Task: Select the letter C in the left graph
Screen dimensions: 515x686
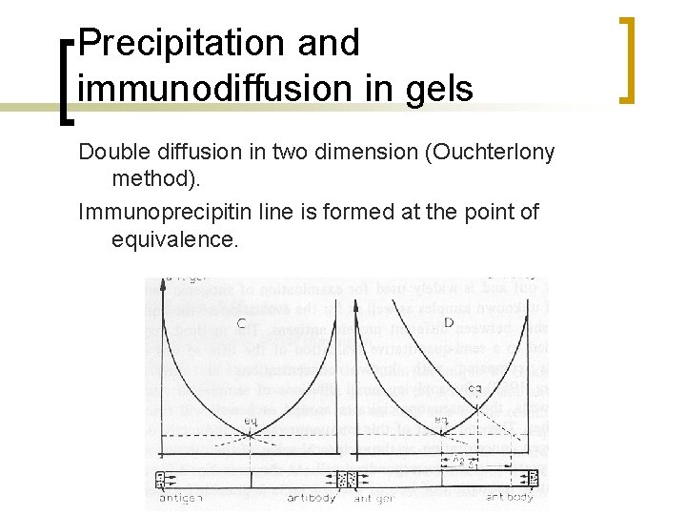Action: [x=241, y=323]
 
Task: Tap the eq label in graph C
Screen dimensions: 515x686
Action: [x=249, y=420]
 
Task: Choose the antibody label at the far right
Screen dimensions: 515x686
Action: [x=510, y=497]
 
